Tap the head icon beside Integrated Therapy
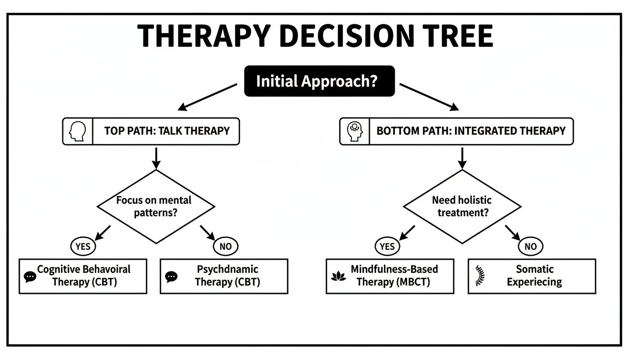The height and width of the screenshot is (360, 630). [354, 131]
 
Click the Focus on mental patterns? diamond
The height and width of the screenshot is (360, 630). [155, 206]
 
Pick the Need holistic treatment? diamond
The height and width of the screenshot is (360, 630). [462, 206]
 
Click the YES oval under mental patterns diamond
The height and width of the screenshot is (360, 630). [83, 246]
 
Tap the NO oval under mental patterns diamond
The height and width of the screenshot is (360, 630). [225, 246]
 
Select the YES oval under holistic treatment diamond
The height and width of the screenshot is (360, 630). [388, 246]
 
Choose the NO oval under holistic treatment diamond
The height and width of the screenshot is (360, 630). [531, 246]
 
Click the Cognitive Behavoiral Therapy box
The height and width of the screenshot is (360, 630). [83, 276]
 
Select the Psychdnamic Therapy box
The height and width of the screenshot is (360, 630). [224, 276]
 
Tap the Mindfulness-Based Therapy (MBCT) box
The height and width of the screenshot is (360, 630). [390, 276]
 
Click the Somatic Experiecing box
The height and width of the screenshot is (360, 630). [532, 276]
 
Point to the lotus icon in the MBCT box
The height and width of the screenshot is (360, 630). [338, 276]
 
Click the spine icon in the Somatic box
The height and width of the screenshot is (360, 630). [479, 276]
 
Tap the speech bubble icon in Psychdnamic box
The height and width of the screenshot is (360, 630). [171, 277]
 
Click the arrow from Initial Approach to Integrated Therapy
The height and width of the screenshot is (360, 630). [429, 97]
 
